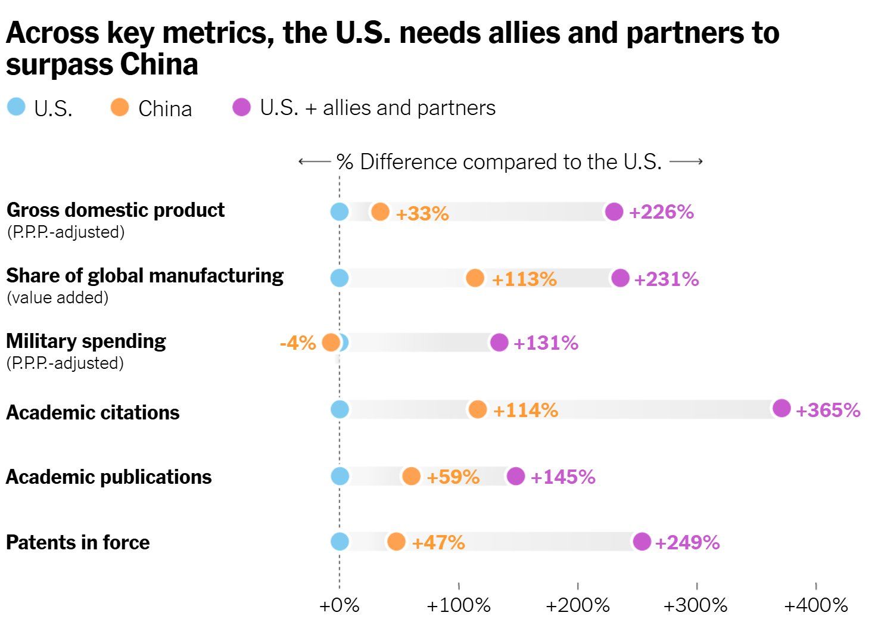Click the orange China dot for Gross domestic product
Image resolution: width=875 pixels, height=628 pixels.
(x=380, y=212)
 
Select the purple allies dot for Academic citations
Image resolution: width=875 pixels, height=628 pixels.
(x=781, y=408)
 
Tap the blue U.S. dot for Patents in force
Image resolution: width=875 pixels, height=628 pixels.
(x=340, y=542)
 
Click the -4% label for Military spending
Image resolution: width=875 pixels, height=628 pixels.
(x=297, y=343)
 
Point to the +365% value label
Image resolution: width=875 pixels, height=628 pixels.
(x=828, y=410)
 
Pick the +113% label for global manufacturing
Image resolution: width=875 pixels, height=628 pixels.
(x=524, y=279)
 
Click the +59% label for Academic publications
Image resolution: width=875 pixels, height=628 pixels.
(x=453, y=477)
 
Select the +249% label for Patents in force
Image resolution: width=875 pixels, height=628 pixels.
(x=687, y=542)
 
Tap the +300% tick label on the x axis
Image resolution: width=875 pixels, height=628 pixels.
(x=696, y=606)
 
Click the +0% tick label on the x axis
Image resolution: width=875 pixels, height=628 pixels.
(x=340, y=606)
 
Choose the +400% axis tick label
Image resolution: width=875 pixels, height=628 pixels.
(x=815, y=606)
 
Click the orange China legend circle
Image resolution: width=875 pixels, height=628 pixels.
(x=120, y=107)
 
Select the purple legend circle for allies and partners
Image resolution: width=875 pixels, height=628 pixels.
(x=241, y=107)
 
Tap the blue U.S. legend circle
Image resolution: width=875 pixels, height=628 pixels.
(x=16, y=107)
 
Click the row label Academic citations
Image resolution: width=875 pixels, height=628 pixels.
(x=93, y=412)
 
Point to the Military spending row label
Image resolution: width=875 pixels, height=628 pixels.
(x=86, y=341)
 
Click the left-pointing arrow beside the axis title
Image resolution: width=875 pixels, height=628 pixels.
(x=314, y=161)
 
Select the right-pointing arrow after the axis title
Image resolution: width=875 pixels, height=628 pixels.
(x=686, y=161)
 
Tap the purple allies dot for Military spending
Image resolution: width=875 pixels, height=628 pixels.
(x=499, y=342)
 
